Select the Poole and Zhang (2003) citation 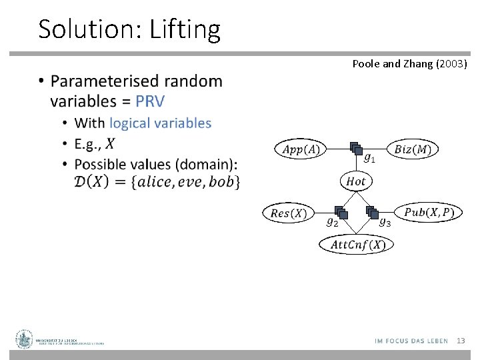tap(409, 64)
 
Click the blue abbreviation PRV tap(150, 101)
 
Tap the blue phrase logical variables tap(160, 123)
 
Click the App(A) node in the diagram tap(301, 149)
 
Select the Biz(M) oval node tap(412, 149)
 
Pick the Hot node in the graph tap(356, 181)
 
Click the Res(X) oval tap(289, 213)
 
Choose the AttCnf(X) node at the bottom tap(357, 245)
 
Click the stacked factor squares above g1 tap(355, 149)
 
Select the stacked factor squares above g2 tap(341, 212)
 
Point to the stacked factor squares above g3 tap(373, 212)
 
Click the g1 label tap(369, 159)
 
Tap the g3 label tap(385, 223)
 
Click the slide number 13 tap(460, 341)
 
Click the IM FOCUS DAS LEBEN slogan tap(411, 341)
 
